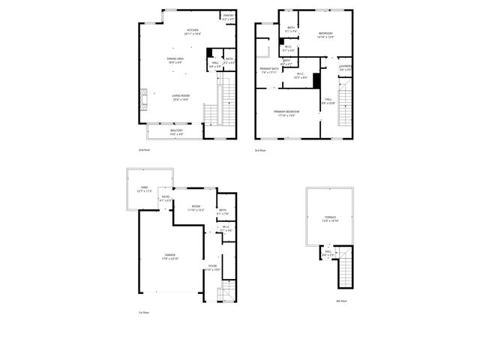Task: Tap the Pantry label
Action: click(227, 16)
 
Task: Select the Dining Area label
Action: click(175, 60)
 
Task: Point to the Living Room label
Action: click(180, 97)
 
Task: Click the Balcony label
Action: click(176, 132)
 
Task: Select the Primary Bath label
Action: click(268, 70)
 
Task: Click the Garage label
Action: click(170, 257)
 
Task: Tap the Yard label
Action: click(144, 190)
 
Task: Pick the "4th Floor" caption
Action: click(340, 301)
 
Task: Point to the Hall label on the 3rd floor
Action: click(328, 102)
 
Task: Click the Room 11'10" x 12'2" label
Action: click(195, 208)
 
